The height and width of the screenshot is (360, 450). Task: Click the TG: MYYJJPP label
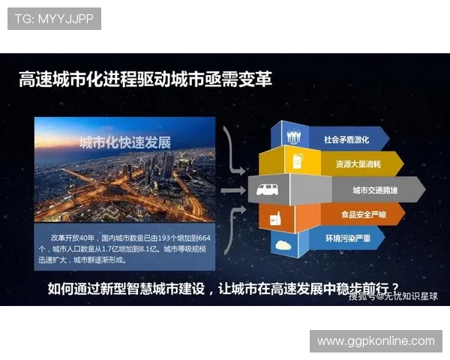(x=54, y=19)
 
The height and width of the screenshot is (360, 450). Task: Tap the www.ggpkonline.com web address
(x=376, y=341)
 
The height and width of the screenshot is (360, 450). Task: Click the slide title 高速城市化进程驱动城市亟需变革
(x=145, y=79)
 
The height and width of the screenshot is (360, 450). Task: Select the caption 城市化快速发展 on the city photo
(x=126, y=142)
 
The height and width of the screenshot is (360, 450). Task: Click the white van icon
(x=268, y=190)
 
